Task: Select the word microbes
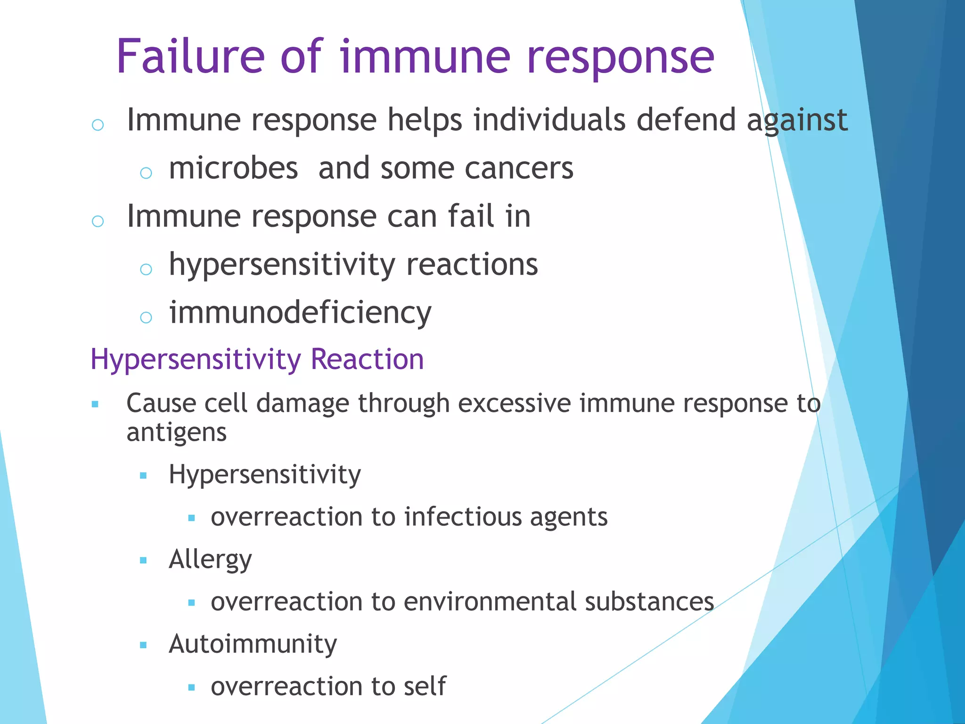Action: point(233,168)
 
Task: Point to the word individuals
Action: point(549,120)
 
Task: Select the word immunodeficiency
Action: point(300,313)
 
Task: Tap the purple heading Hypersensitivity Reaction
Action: point(257,359)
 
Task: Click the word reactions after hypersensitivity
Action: point(472,264)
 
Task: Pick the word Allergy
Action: point(210,560)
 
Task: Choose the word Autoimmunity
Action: point(253,644)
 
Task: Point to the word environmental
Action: point(490,602)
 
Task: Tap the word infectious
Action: point(463,517)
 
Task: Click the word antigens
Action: point(177,433)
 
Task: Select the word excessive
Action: point(514,403)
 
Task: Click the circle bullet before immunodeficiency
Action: point(146,317)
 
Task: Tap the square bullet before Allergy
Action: point(144,560)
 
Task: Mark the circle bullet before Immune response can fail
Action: point(98,221)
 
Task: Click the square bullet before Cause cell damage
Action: point(95,404)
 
